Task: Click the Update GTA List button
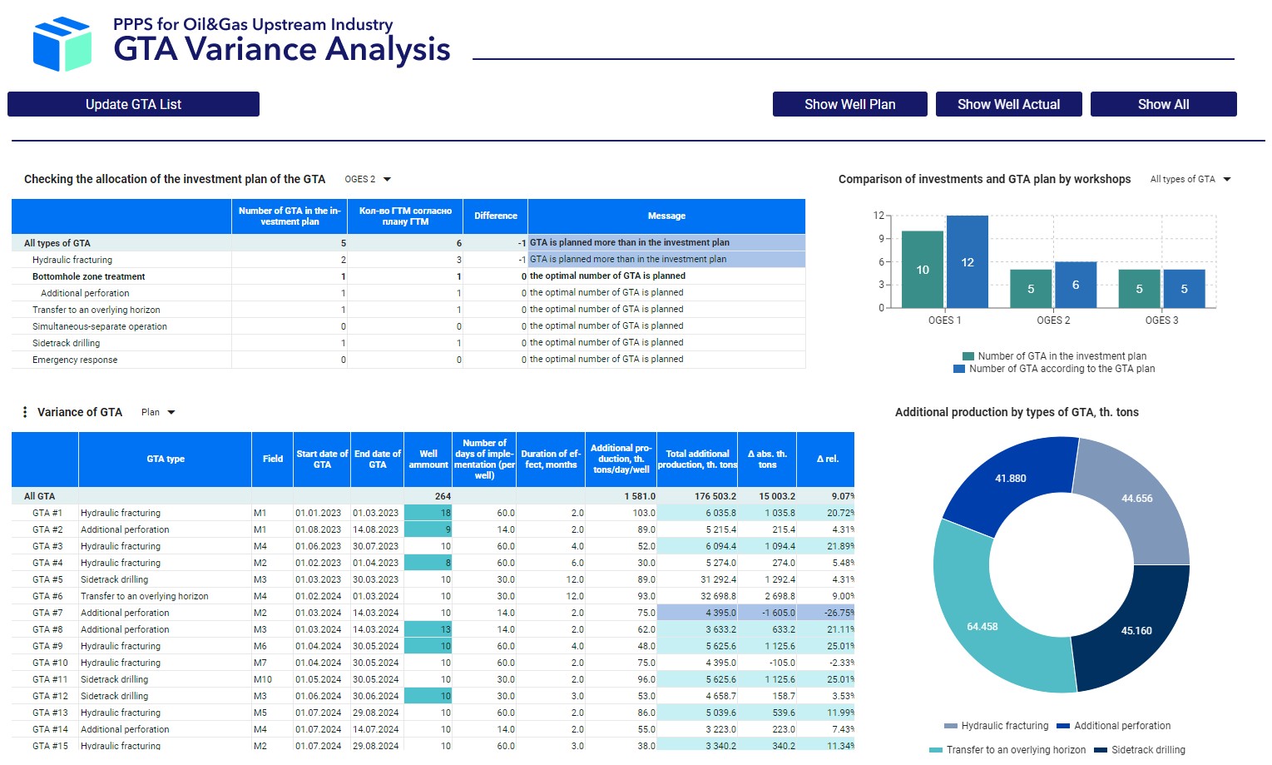tap(133, 104)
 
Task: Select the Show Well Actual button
tap(1008, 104)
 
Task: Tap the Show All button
tap(1163, 104)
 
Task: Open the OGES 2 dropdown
tap(368, 179)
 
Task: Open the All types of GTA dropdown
tap(1190, 179)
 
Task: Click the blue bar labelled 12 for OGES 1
tap(967, 262)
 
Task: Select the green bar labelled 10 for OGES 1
tap(923, 270)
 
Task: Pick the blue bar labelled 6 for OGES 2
tap(1076, 285)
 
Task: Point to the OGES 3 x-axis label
tap(1161, 320)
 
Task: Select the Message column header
tap(666, 216)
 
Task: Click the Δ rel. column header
tap(826, 459)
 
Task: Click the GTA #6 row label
tap(47, 596)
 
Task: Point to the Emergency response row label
tap(75, 360)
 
